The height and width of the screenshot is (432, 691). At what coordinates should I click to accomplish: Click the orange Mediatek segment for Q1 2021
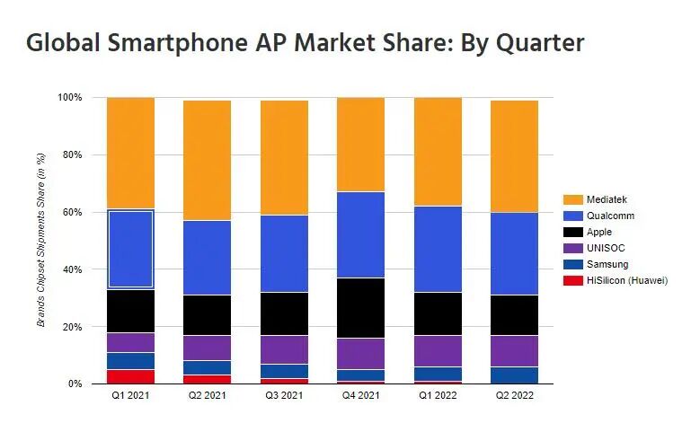point(130,153)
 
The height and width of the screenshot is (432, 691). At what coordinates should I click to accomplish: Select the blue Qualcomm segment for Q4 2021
point(360,235)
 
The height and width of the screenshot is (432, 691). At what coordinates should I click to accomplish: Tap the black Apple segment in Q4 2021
point(360,308)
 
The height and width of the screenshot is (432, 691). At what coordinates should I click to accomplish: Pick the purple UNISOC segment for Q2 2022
point(514,351)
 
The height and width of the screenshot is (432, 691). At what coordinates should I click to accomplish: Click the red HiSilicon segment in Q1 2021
point(130,376)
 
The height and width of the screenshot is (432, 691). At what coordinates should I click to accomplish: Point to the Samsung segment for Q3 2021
point(284,371)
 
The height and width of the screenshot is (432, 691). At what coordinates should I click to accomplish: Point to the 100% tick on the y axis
point(69,97)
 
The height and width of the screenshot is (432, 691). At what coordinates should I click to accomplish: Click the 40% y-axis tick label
point(72,269)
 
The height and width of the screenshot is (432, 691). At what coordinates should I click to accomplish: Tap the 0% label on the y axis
point(75,384)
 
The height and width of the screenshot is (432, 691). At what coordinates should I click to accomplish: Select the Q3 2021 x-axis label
point(284,397)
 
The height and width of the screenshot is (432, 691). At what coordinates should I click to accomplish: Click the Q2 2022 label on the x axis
point(514,397)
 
